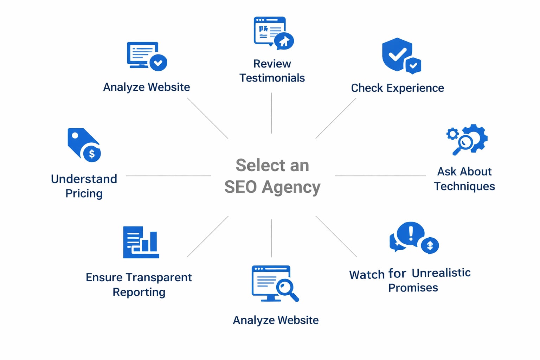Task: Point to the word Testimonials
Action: point(272,78)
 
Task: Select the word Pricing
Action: point(84,193)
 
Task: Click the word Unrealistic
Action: point(441,273)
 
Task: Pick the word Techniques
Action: point(464,186)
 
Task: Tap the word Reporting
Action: point(139,292)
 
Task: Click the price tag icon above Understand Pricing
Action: point(79,141)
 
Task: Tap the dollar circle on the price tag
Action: point(92,154)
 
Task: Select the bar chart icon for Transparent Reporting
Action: point(141,242)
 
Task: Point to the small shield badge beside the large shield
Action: point(413,65)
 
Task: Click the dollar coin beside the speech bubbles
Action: point(430,245)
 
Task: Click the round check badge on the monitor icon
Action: point(158,63)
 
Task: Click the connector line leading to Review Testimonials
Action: point(271,112)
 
